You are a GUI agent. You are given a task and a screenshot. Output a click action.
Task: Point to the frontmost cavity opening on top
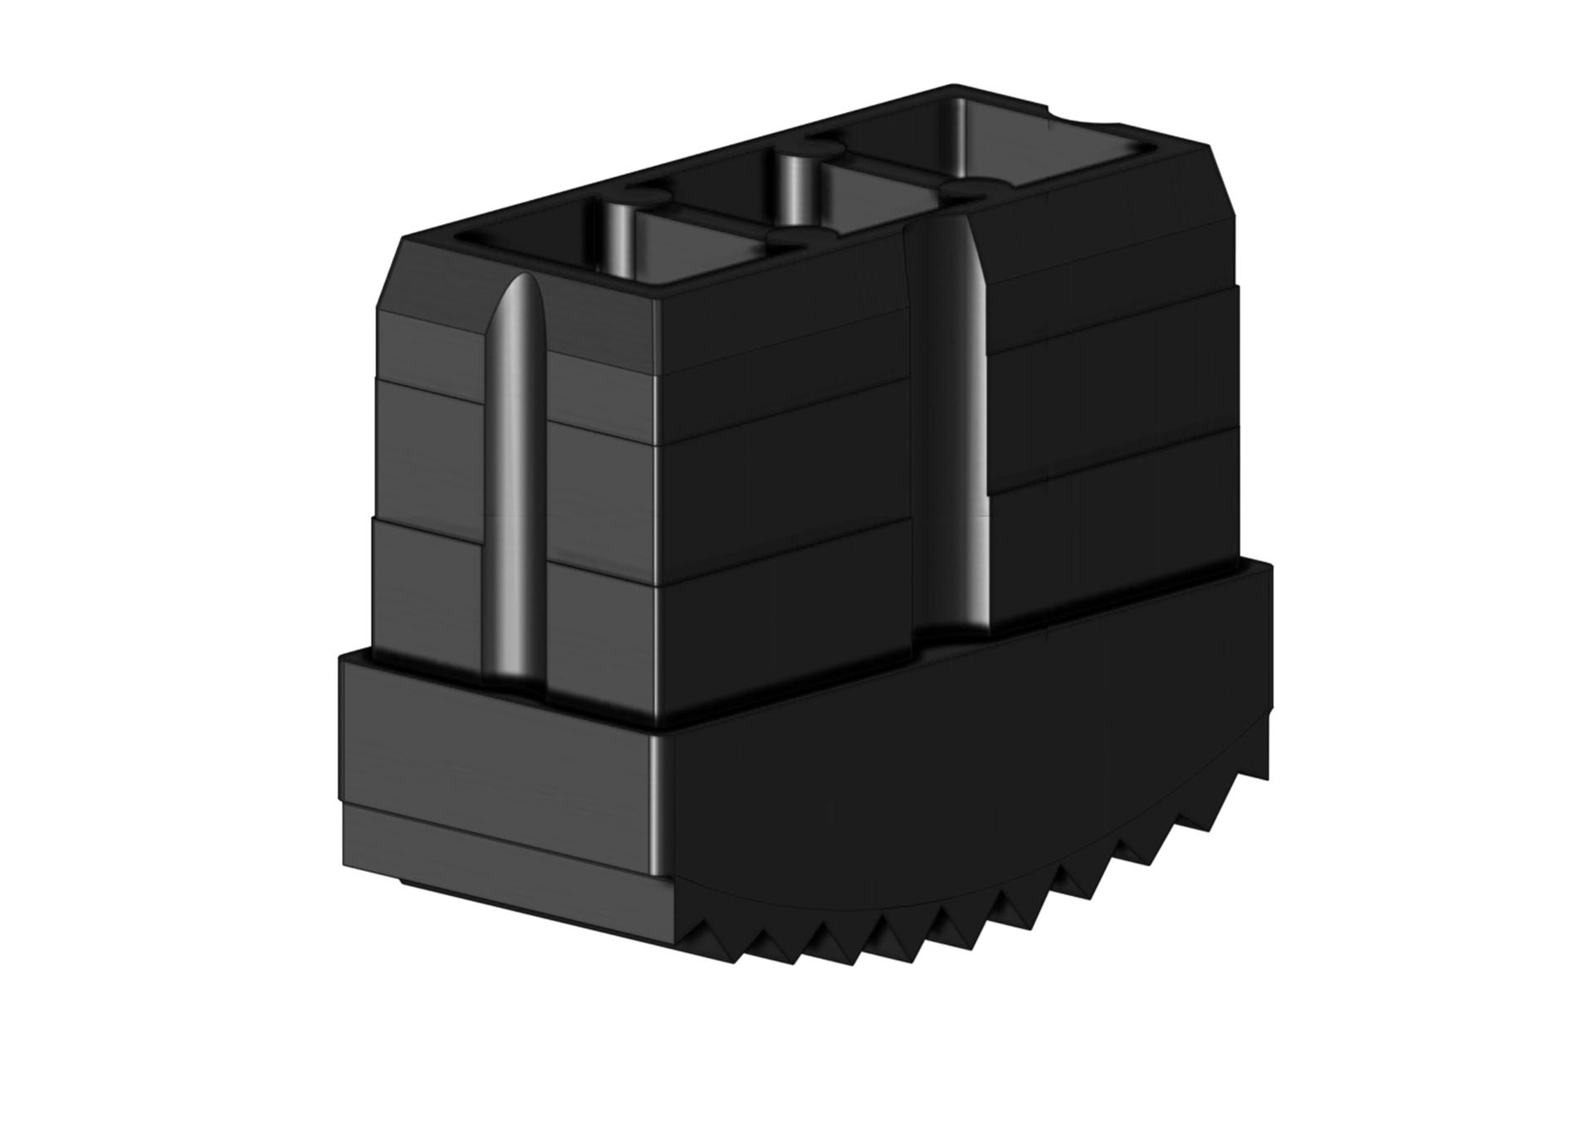click(531, 249)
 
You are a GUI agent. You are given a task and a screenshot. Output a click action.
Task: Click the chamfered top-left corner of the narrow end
click(390, 274)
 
